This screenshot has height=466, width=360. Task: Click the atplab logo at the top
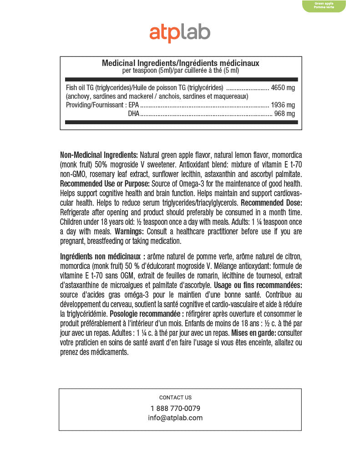coord(180,33)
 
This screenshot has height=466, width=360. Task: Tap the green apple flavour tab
coord(324,6)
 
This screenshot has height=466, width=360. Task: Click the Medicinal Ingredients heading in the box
coord(180,63)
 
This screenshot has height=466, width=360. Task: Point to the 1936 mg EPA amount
coord(283,105)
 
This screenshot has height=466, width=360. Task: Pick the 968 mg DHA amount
coord(284,114)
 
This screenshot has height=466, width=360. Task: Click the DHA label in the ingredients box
coord(134,114)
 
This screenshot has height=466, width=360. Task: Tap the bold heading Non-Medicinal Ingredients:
coord(99,155)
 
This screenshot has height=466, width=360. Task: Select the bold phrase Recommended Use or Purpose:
coord(105,183)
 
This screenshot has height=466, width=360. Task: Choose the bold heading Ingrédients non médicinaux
coord(102,256)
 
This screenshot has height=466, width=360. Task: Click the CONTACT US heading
coord(175,397)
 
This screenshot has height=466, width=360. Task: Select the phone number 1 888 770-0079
coord(175,408)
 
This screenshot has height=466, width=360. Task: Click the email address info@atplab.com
coord(175,418)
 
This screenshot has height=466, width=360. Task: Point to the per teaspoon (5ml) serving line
coord(180,71)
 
